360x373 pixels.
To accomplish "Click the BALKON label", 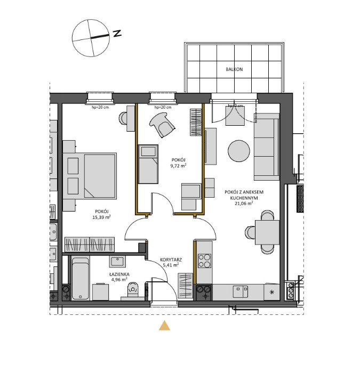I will pyautogui.click(x=234, y=69).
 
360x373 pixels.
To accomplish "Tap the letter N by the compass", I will pyautogui.click(x=117, y=34).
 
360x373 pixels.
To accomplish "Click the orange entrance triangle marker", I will pyautogui.click(x=165, y=326).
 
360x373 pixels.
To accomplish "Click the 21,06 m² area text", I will pyautogui.click(x=244, y=203).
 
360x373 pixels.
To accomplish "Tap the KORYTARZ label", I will pyautogui.click(x=171, y=261).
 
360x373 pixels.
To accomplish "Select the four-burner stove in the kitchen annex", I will pyautogui.click(x=204, y=261).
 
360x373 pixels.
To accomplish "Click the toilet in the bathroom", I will pyautogui.click(x=133, y=290).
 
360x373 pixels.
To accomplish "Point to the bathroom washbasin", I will pyautogui.click(x=117, y=261).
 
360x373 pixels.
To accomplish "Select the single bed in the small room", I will pyautogui.click(x=149, y=163).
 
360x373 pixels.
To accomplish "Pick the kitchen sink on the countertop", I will pyautogui.click(x=240, y=290).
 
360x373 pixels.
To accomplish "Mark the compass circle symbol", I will pyautogui.click(x=90, y=37).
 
